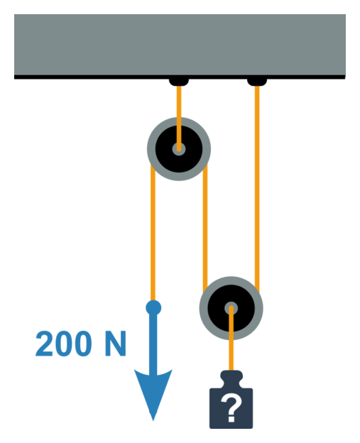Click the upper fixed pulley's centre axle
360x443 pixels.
coord(179,149)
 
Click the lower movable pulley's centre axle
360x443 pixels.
coord(231,308)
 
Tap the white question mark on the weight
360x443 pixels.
coord(231,408)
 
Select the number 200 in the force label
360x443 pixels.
coord(64,344)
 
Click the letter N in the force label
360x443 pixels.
coord(115,344)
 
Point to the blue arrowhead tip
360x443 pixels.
coord(153,421)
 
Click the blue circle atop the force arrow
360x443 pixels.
coord(153,307)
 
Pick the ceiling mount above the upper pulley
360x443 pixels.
coord(179,82)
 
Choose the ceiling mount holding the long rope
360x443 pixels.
coord(257,82)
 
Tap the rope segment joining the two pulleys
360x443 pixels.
coord(205,229)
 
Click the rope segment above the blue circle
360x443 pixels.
coord(153,233)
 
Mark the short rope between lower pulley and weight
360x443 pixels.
coord(231,339)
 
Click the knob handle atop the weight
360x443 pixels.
coord(231,379)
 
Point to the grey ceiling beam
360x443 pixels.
coord(180,45)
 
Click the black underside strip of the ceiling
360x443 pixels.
coord(180,77)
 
